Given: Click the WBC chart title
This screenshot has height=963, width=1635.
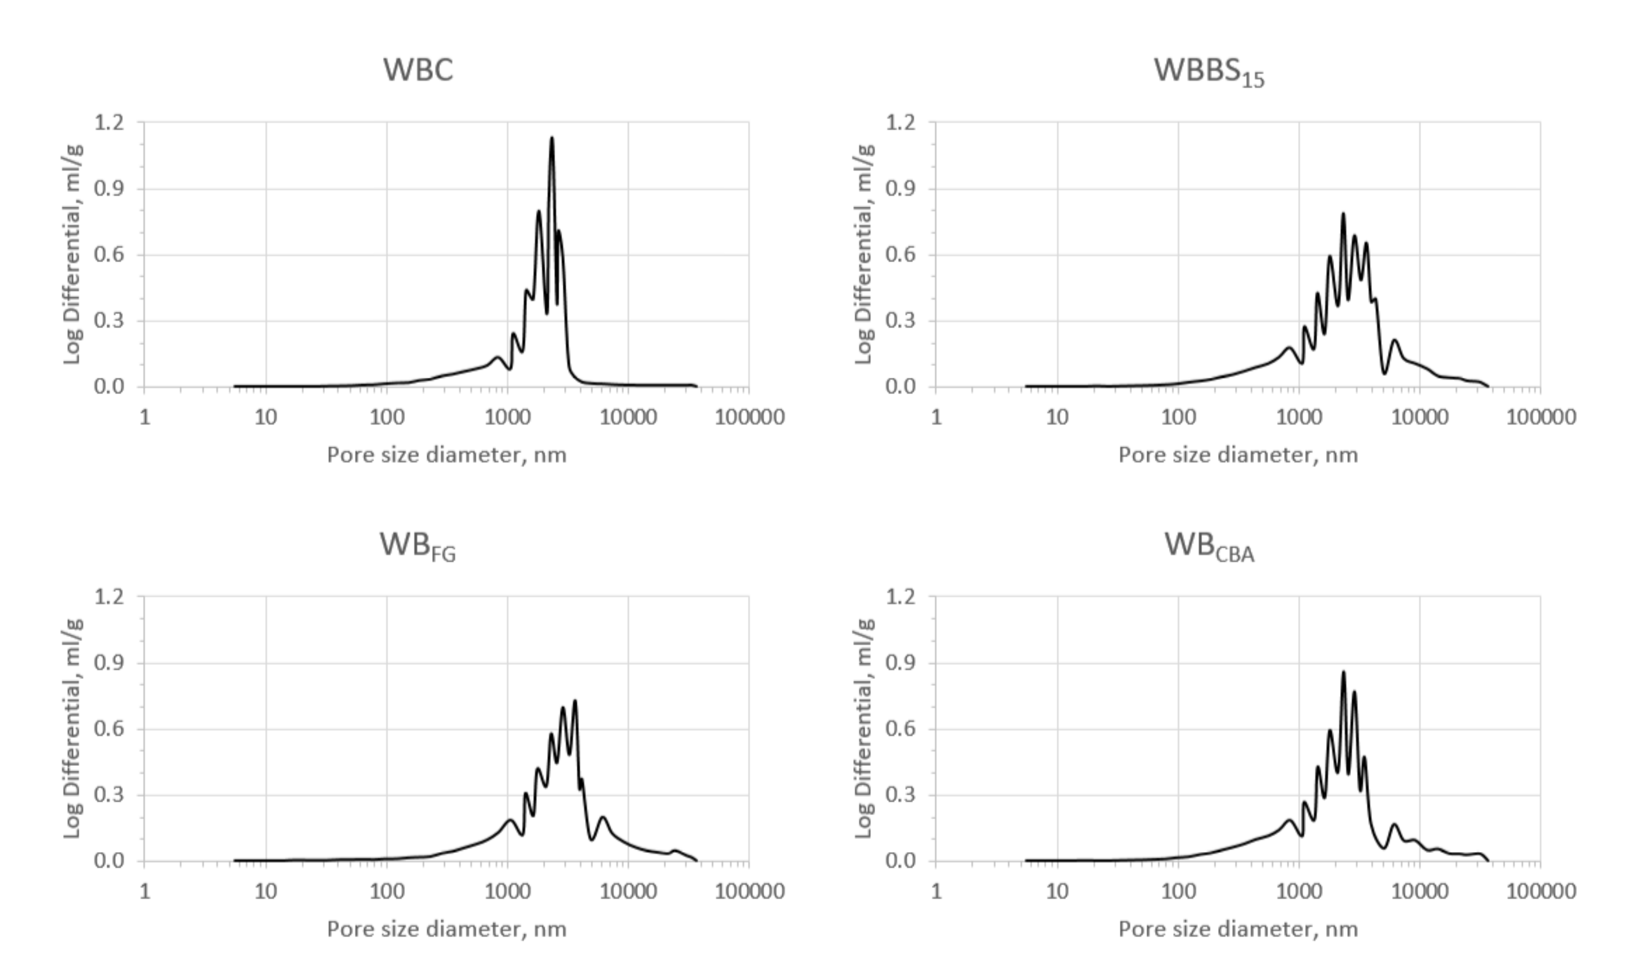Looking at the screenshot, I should click(418, 70).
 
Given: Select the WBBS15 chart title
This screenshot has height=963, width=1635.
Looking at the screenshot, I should click(1208, 71).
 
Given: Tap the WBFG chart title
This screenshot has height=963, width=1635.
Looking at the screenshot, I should click(417, 545).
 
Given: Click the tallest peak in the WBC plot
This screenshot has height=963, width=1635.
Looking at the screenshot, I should click(552, 138).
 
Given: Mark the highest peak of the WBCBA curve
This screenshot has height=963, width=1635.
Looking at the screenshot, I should click(1343, 672).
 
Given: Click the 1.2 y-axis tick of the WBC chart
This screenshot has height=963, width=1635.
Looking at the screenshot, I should click(109, 122).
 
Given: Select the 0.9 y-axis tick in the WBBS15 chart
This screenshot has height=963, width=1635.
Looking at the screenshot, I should click(900, 189).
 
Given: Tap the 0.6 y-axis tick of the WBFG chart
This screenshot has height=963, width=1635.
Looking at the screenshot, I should click(109, 729).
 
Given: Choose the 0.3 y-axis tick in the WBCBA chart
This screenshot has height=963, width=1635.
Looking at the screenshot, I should click(900, 795).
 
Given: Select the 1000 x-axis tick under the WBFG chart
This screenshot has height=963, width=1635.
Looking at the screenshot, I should click(508, 891).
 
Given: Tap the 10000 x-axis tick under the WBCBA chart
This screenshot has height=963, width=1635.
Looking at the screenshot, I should click(1420, 891).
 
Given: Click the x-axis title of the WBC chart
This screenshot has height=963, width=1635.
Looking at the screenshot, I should click(447, 455).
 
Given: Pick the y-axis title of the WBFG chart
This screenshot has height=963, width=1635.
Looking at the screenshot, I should click(73, 728).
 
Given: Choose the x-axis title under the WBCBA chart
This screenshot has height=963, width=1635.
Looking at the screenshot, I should click(1238, 929).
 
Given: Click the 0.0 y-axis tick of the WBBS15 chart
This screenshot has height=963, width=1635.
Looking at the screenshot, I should click(900, 387).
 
